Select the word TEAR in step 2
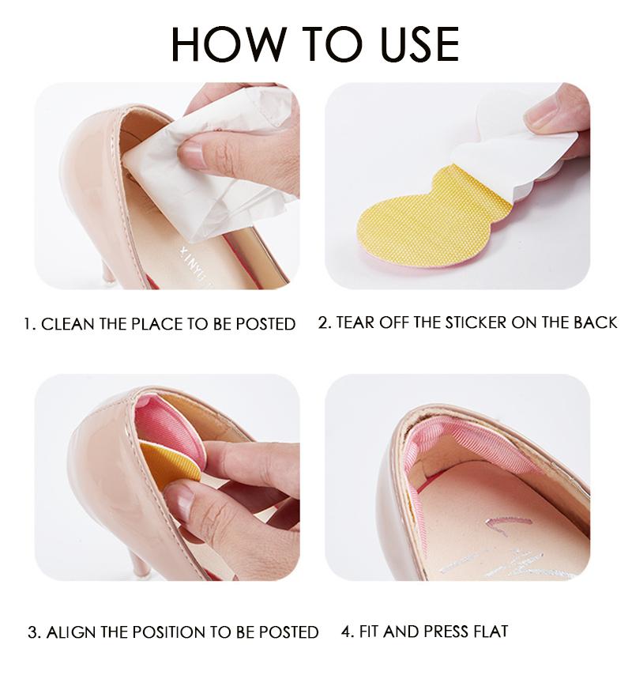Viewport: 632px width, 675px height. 357,322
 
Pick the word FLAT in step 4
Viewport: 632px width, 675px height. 489,631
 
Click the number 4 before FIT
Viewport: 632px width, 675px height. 346,631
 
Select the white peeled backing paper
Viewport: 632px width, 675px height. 513,150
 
